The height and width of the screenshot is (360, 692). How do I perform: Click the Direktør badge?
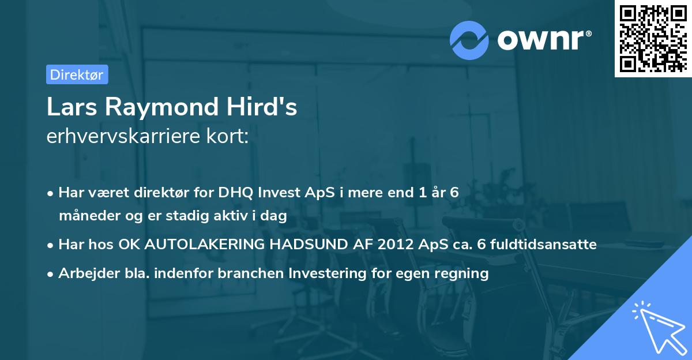point(77,74)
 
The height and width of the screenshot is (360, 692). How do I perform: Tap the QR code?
point(653,38)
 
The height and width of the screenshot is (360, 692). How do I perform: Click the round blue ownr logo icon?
point(469,40)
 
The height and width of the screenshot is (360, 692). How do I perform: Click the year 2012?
point(396,245)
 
